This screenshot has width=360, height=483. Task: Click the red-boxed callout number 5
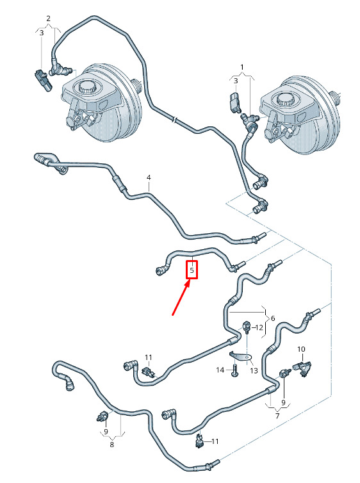192,270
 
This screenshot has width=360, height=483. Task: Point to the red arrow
181,298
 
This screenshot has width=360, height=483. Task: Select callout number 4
149,177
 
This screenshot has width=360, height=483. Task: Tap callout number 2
48,19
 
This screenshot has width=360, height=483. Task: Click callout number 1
242,67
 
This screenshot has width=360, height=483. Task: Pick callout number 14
220,370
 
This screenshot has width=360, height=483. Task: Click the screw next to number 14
234,370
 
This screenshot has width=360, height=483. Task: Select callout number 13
254,370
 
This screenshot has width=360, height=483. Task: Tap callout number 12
259,327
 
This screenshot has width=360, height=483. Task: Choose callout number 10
301,349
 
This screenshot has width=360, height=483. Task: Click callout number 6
273,318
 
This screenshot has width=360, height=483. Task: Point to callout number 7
277,416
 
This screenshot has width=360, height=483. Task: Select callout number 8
112,445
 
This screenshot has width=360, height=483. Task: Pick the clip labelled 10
302,368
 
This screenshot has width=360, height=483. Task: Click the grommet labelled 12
247,328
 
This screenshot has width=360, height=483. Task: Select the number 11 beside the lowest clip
215,441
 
